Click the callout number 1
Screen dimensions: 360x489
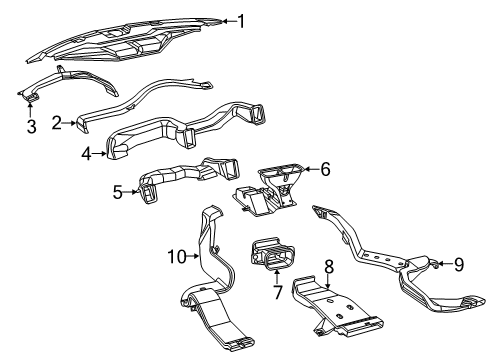(240, 19)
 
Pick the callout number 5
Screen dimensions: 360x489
(117, 190)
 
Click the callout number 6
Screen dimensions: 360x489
(325, 169)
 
